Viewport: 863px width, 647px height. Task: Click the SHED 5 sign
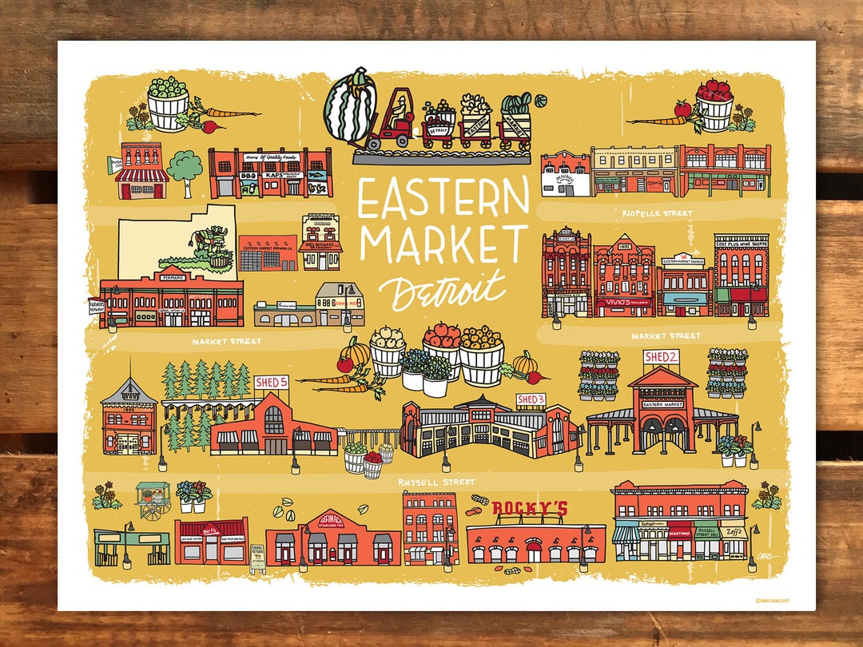tap(271, 383)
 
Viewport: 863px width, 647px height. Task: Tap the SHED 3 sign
tap(531, 399)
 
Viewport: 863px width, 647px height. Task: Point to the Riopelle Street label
tap(658, 213)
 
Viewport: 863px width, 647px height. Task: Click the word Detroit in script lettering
tap(441, 288)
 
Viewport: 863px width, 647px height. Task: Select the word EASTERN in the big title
tap(443, 199)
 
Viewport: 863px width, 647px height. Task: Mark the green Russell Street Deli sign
tap(706, 530)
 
